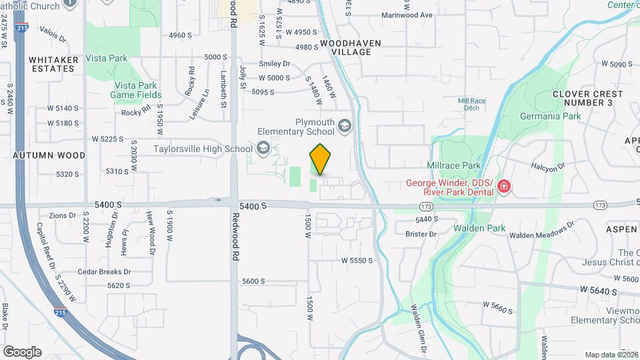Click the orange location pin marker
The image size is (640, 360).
click(321, 159)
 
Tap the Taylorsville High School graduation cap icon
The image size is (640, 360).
click(263, 149)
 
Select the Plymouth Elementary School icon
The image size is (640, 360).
click(345, 125)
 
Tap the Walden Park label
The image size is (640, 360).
click(479, 228)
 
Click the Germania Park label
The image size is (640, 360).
click(550, 116)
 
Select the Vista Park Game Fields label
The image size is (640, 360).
click(135, 90)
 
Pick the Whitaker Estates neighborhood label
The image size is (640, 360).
click(53, 64)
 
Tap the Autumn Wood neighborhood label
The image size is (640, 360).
click(49, 155)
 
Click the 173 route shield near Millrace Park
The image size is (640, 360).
click(427, 207)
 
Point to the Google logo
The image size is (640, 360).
click(22, 352)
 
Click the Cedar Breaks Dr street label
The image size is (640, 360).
click(104, 272)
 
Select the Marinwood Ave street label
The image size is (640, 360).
click(407, 15)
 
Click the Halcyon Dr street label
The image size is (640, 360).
click(548, 165)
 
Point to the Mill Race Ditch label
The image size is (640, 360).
click(469, 104)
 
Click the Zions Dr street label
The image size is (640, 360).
click(62, 215)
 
